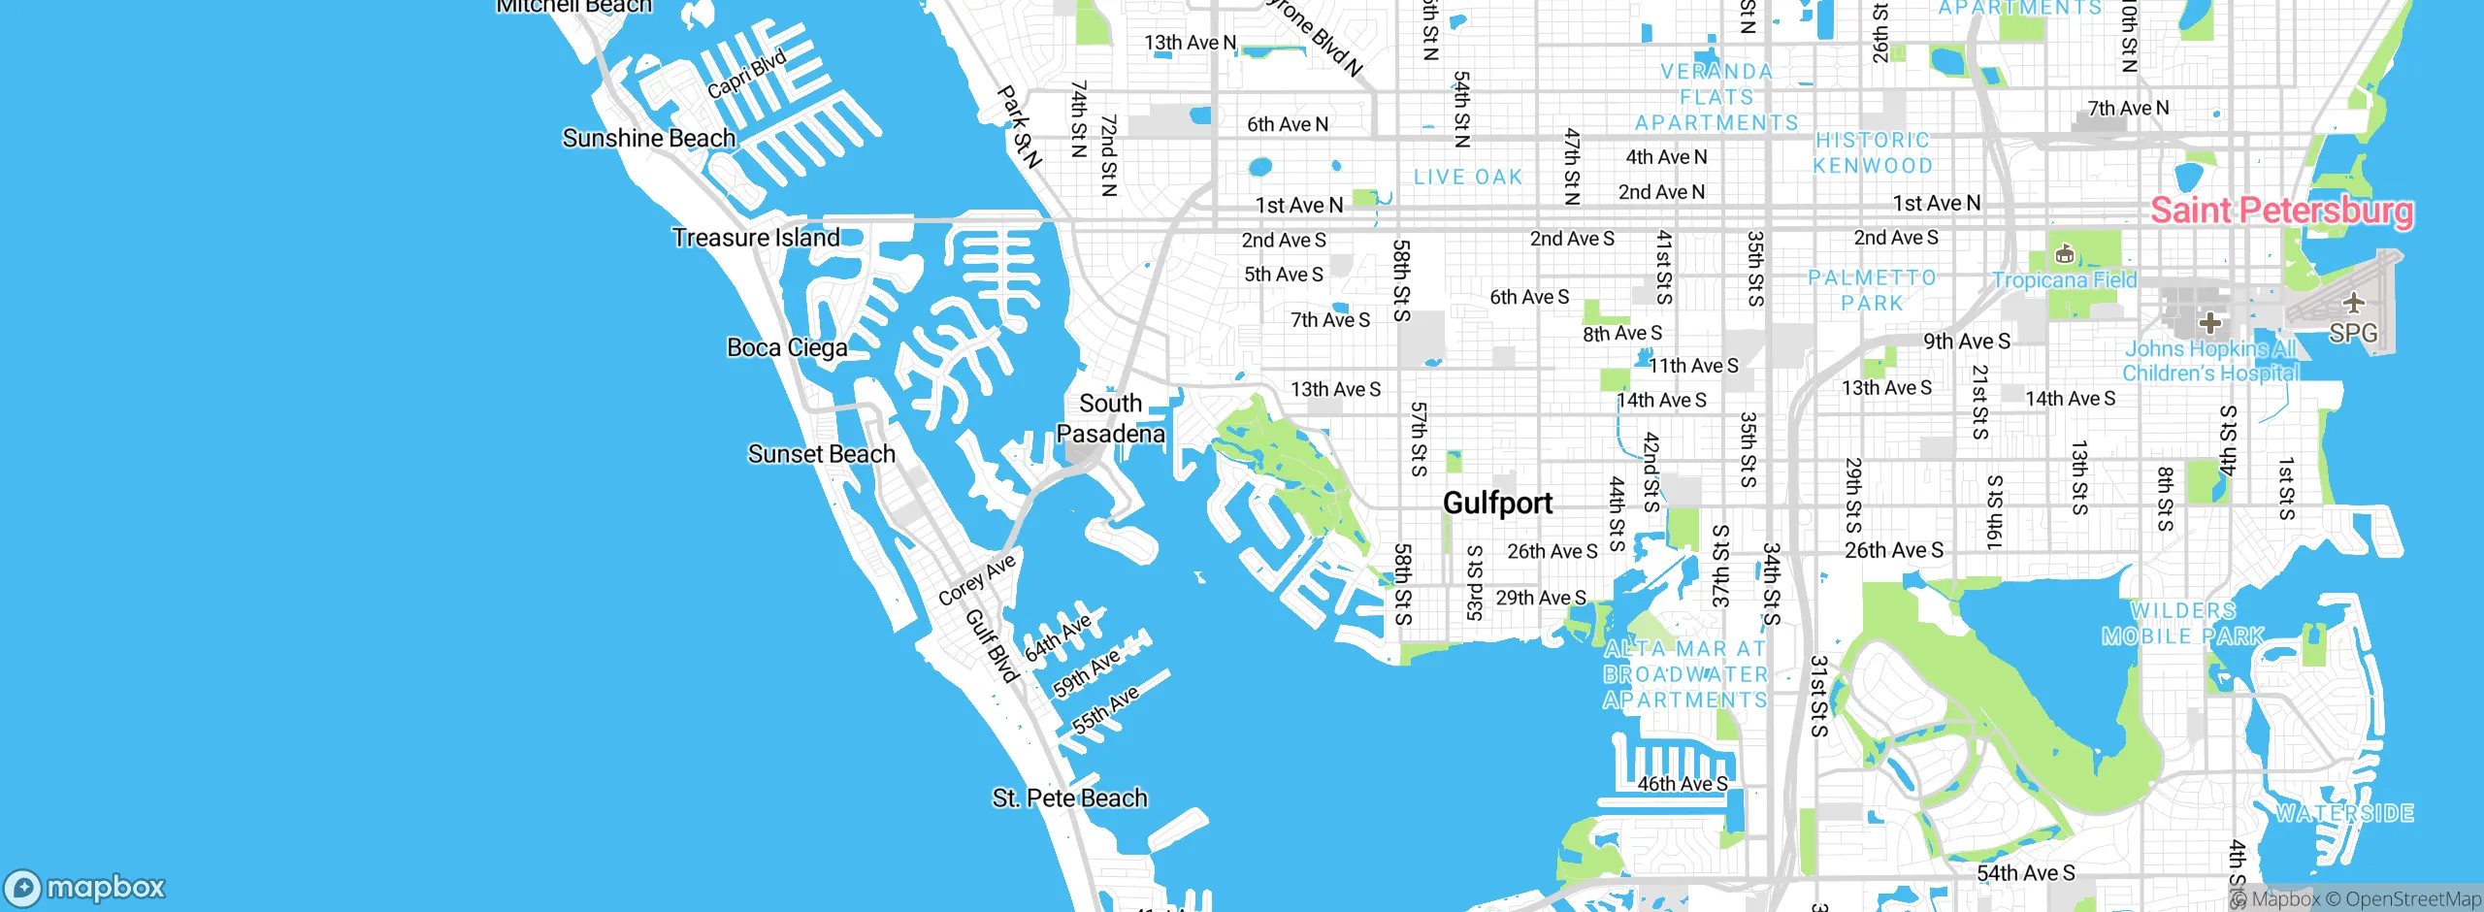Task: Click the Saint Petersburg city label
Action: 2281,211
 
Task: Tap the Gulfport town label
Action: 1497,503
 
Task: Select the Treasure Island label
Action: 756,238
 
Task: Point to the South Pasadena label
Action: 1110,418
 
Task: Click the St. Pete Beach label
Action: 1069,798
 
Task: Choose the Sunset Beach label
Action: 821,454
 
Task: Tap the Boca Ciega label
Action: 787,347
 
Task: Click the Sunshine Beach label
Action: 648,139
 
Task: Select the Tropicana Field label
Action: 2064,280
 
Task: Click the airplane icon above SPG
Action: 2353,303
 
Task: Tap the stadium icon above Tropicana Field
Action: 2064,255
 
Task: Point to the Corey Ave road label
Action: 976,579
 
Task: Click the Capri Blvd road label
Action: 746,75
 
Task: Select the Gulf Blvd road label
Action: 991,646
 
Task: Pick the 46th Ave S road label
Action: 1683,783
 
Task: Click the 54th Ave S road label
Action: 2025,873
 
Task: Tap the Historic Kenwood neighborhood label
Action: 1873,152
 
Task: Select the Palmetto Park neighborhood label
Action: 1872,290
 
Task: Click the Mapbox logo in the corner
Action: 85,887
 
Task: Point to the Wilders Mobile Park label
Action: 2182,623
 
